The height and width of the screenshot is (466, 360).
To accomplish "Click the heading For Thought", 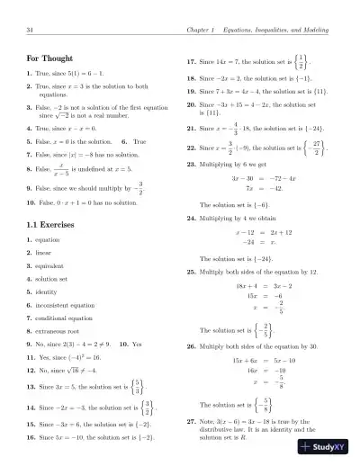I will coord(50,60).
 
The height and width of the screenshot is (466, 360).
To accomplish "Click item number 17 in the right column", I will coord(190,64).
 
